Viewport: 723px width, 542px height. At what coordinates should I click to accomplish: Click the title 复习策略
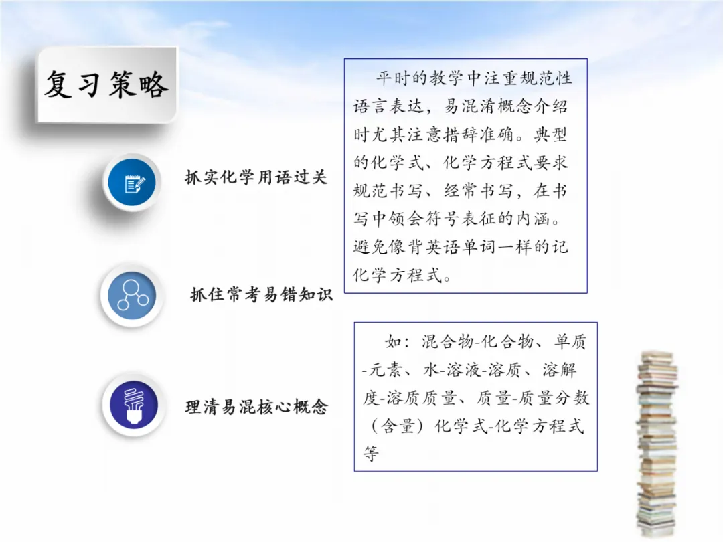[106, 85]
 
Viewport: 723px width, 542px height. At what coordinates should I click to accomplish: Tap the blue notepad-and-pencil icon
[131, 182]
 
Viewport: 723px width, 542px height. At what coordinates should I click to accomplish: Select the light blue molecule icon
[131, 295]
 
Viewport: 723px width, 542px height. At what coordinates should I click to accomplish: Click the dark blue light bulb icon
[132, 406]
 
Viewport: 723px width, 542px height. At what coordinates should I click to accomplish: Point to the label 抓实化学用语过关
[256, 178]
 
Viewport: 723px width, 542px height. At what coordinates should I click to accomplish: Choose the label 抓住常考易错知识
[261, 294]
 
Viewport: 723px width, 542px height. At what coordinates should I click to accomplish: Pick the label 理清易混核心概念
[256, 406]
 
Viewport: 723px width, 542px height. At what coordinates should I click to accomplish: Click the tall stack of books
[655, 442]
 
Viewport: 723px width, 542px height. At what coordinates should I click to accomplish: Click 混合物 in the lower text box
[447, 342]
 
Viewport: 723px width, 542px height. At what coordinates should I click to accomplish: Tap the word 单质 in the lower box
[570, 342]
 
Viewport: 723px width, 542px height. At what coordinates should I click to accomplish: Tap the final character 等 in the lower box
[371, 454]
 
